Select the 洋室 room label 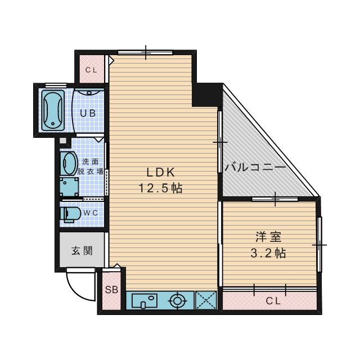point(267,237)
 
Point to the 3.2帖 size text point(268,253)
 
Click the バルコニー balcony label point(255,167)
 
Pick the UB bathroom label point(87,112)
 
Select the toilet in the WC point(69,214)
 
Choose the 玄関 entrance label point(82,250)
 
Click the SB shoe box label point(111,290)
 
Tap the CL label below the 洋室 point(273,301)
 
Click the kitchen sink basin point(145,301)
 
